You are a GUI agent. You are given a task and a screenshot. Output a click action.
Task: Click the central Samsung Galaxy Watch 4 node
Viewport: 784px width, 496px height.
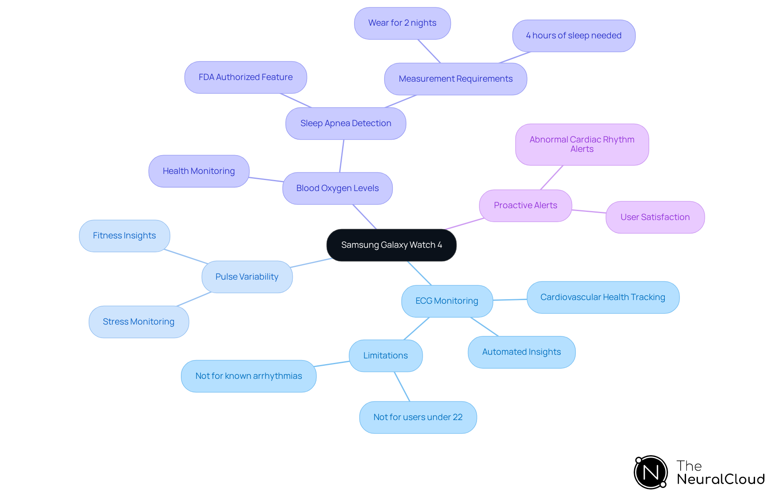391,245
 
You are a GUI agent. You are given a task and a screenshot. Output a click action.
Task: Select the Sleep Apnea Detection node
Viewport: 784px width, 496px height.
345,123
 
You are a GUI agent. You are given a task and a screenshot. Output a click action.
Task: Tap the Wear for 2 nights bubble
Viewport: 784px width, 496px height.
402,23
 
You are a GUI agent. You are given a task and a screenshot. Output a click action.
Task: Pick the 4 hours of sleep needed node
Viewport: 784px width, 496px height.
573,36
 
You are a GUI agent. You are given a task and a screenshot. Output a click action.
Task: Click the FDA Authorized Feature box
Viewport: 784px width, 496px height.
245,77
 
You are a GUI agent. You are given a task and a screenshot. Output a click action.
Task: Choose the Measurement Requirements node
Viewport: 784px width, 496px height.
455,79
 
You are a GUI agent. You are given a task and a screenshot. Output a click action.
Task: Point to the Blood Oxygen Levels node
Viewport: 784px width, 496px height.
337,188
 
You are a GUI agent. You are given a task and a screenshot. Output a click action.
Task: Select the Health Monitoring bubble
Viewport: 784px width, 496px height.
198,171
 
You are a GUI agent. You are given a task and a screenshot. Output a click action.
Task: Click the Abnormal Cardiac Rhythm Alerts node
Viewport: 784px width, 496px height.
581,145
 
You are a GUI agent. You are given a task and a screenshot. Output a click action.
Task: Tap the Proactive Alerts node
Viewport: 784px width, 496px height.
525,205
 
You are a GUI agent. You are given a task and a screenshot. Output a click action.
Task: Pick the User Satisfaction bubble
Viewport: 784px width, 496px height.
655,217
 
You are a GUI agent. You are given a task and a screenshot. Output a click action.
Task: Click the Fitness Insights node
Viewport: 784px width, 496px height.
124,236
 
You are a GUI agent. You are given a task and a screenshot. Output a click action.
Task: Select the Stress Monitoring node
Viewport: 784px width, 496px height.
138,322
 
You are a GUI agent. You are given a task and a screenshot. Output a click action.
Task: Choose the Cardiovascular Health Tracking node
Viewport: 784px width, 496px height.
602,297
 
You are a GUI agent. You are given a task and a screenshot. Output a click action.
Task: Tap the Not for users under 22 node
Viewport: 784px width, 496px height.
418,417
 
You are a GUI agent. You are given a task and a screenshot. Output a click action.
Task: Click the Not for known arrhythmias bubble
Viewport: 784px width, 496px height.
248,376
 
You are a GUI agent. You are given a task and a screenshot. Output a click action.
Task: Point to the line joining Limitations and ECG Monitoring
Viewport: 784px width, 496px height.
416,329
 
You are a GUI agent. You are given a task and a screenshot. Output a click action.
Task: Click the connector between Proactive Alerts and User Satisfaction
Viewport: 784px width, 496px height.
589,211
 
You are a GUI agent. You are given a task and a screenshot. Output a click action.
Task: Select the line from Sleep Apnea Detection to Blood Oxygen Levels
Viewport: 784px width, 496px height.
342,156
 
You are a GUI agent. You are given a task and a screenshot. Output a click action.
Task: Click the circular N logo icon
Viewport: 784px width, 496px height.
650,472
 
